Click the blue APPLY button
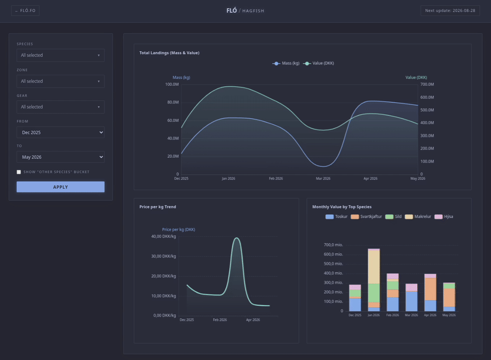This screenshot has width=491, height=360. pyautogui.click(x=60, y=187)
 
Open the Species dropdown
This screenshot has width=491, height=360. pyautogui.click(x=60, y=55)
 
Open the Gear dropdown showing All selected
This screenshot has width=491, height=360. pyautogui.click(x=60, y=107)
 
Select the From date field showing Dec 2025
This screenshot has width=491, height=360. pyautogui.click(x=60, y=132)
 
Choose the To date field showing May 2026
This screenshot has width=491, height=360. pyautogui.click(x=60, y=157)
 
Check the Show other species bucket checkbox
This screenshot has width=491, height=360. pyautogui.click(x=19, y=172)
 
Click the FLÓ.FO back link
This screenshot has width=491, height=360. pyautogui.click(x=26, y=11)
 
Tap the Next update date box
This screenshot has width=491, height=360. pyautogui.click(x=450, y=11)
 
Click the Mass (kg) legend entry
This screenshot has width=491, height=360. pyautogui.click(x=286, y=63)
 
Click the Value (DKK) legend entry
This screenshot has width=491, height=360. pyautogui.click(x=319, y=63)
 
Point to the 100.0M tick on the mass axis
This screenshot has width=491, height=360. pyautogui.click(x=172, y=84)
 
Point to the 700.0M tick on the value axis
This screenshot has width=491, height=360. pyautogui.click(x=427, y=84)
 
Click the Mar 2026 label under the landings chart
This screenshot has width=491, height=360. pyautogui.click(x=323, y=179)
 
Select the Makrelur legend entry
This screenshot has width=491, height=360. pyautogui.click(x=418, y=217)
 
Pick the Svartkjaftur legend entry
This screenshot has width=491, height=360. pyautogui.click(x=366, y=217)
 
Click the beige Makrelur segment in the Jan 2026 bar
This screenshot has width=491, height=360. pyautogui.click(x=374, y=267)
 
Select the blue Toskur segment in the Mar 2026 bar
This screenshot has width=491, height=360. pyautogui.click(x=411, y=301)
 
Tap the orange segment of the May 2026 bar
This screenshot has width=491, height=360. pyautogui.click(x=449, y=298)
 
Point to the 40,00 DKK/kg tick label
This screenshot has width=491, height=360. pyautogui.click(x=163, y=236)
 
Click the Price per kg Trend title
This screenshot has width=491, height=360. pyautogui.click(x=157, y=207)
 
